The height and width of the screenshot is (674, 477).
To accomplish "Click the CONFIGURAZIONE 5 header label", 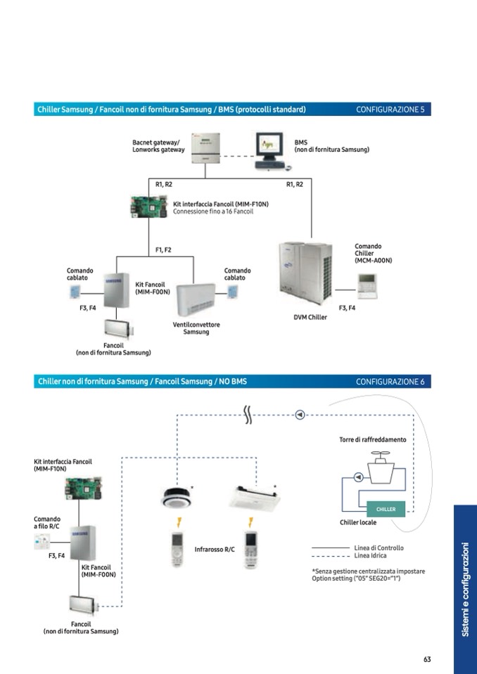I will [390, 110].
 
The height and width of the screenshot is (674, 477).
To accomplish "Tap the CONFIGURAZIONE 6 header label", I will [390, 382].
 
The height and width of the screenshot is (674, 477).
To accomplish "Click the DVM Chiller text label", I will [310, 317].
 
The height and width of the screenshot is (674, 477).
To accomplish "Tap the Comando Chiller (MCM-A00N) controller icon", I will [367, 283].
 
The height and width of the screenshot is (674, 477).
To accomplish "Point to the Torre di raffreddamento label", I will [372, 439].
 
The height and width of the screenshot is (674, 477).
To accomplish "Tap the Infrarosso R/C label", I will [215, 550].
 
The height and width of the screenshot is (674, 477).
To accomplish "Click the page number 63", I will [427, 659].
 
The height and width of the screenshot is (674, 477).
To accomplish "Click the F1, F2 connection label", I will [163, 249].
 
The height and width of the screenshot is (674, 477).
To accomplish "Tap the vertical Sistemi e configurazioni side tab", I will [465, 589].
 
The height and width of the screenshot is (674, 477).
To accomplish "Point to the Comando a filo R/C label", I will [47, 523].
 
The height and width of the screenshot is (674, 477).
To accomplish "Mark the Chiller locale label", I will [358, 522].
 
